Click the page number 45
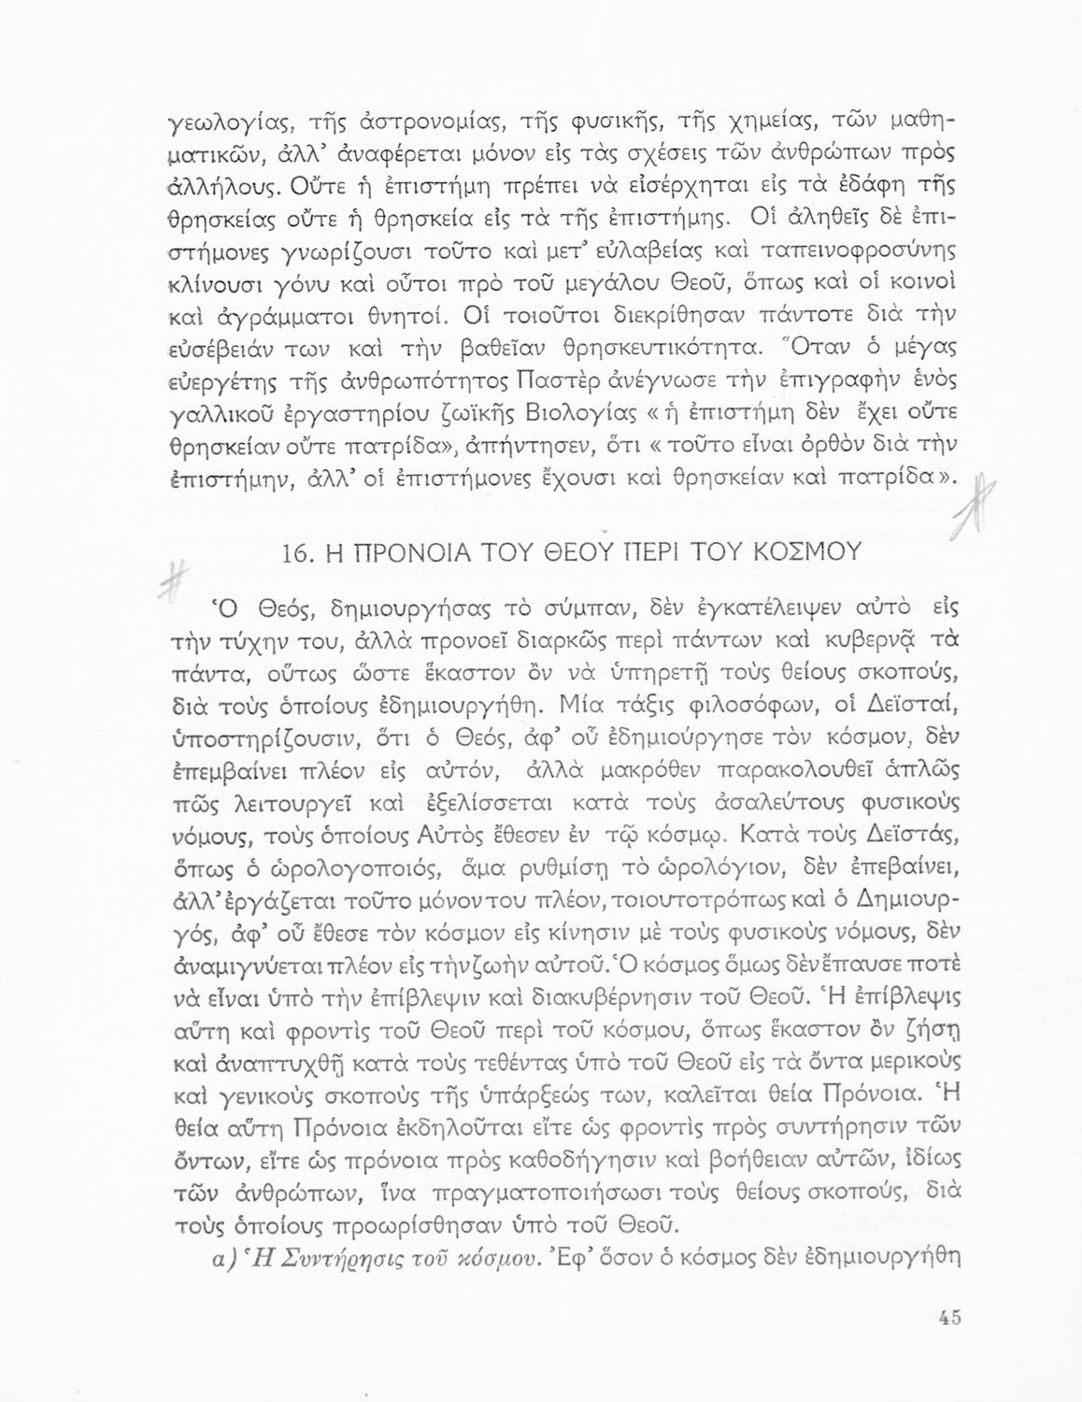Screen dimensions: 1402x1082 point(950,1318)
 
